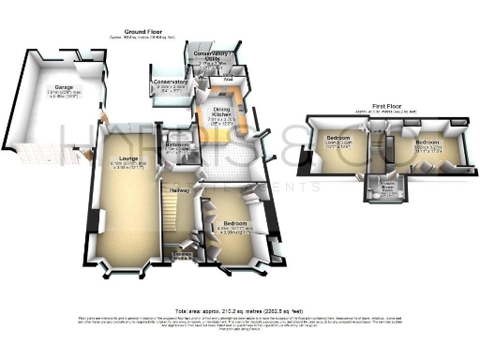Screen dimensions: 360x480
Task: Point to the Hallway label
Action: click(179, 191)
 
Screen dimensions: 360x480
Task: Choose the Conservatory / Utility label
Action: click(212, 54)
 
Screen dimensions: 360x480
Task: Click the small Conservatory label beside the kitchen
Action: click(169, 82)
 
